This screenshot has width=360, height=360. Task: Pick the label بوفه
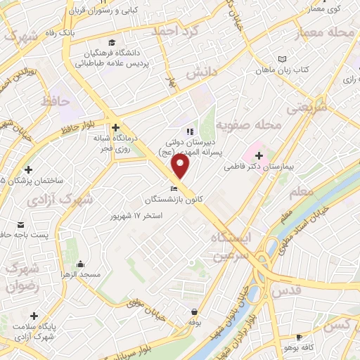(x=194, y=321)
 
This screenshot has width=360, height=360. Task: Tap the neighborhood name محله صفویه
(x=248, y=124)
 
